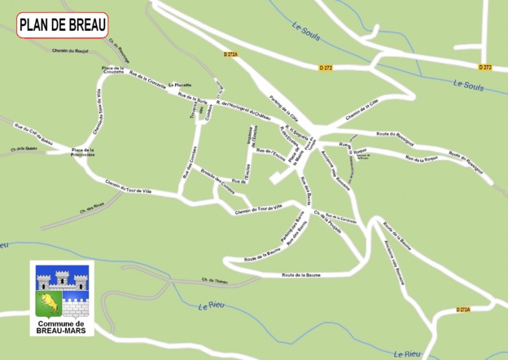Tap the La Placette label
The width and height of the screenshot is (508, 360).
[180, 85]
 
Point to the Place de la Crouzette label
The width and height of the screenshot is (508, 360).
[113, 70]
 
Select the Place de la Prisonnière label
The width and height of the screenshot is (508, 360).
[83, 151]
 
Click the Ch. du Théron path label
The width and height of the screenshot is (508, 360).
[215, 280]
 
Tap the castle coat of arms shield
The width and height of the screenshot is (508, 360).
[62, 292]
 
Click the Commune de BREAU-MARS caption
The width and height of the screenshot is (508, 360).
[62, 327]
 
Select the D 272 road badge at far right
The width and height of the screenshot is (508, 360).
[485, 67]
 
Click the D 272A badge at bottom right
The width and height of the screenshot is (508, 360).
[463, 310]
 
